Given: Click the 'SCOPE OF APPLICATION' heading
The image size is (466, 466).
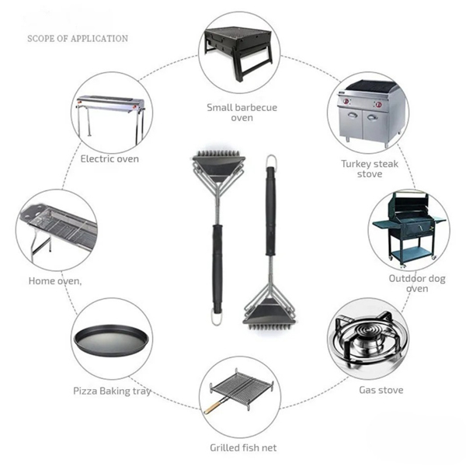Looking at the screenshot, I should pos(78,38).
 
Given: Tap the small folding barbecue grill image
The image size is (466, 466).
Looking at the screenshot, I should pos(238,50).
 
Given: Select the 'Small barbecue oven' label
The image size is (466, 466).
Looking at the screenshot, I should pos(242,112).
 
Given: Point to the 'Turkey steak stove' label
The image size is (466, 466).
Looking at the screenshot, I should pos(370,169).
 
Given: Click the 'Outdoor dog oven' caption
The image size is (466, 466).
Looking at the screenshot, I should pos(417,283).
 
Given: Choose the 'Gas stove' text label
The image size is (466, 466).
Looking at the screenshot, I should pos(381,390).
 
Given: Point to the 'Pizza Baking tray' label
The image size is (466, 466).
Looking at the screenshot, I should pos(112,391).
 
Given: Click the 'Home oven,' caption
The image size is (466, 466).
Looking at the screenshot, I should pos(54,280).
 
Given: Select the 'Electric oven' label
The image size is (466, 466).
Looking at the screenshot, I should pos(110,158).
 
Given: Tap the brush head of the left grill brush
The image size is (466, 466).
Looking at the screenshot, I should pos(217,164).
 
